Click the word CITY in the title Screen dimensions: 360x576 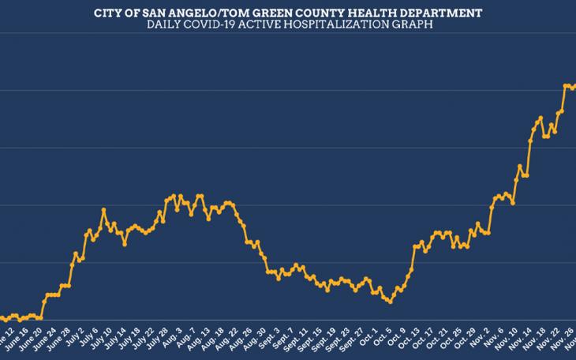click(x=108, y=13)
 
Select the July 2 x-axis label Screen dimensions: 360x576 click(x=77, y=339)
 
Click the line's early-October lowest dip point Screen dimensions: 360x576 click(x=389, y=302)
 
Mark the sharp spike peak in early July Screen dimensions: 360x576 click(x=104, y=210)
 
